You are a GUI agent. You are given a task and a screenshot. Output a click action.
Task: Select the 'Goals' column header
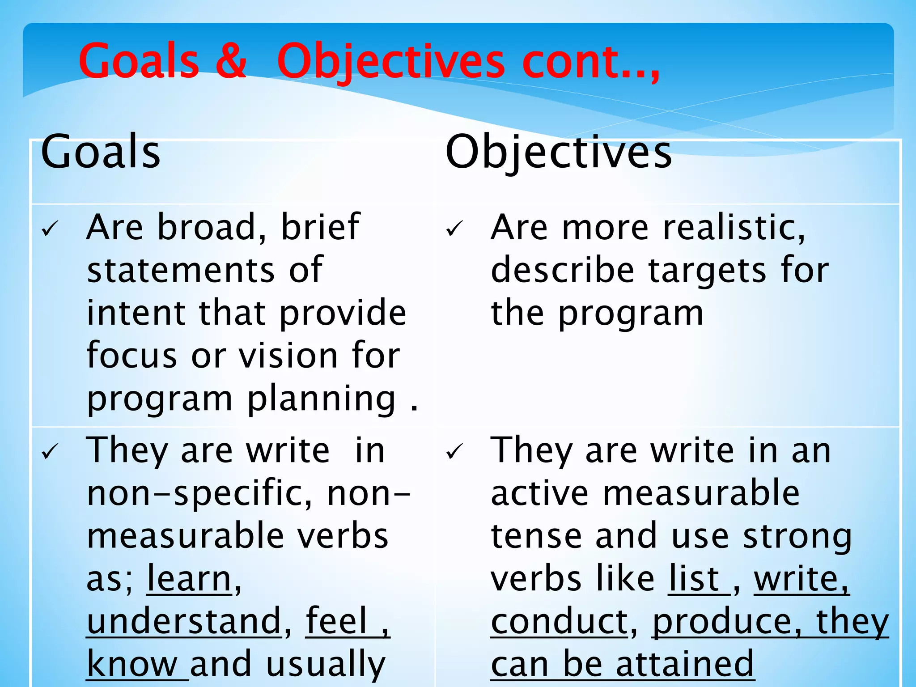point(101,152)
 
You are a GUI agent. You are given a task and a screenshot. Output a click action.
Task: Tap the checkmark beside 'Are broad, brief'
point(49,229)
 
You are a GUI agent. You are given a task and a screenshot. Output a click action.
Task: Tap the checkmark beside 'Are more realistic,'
point(454,229)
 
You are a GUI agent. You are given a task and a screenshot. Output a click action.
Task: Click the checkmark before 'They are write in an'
point(454,452)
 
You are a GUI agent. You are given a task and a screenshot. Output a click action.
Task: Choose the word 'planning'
point(321,399)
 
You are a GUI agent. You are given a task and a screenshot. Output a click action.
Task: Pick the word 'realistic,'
point(734,227)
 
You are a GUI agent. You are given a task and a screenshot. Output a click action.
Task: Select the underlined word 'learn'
point(189,579)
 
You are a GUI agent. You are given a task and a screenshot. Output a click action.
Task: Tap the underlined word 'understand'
point(184,622)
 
